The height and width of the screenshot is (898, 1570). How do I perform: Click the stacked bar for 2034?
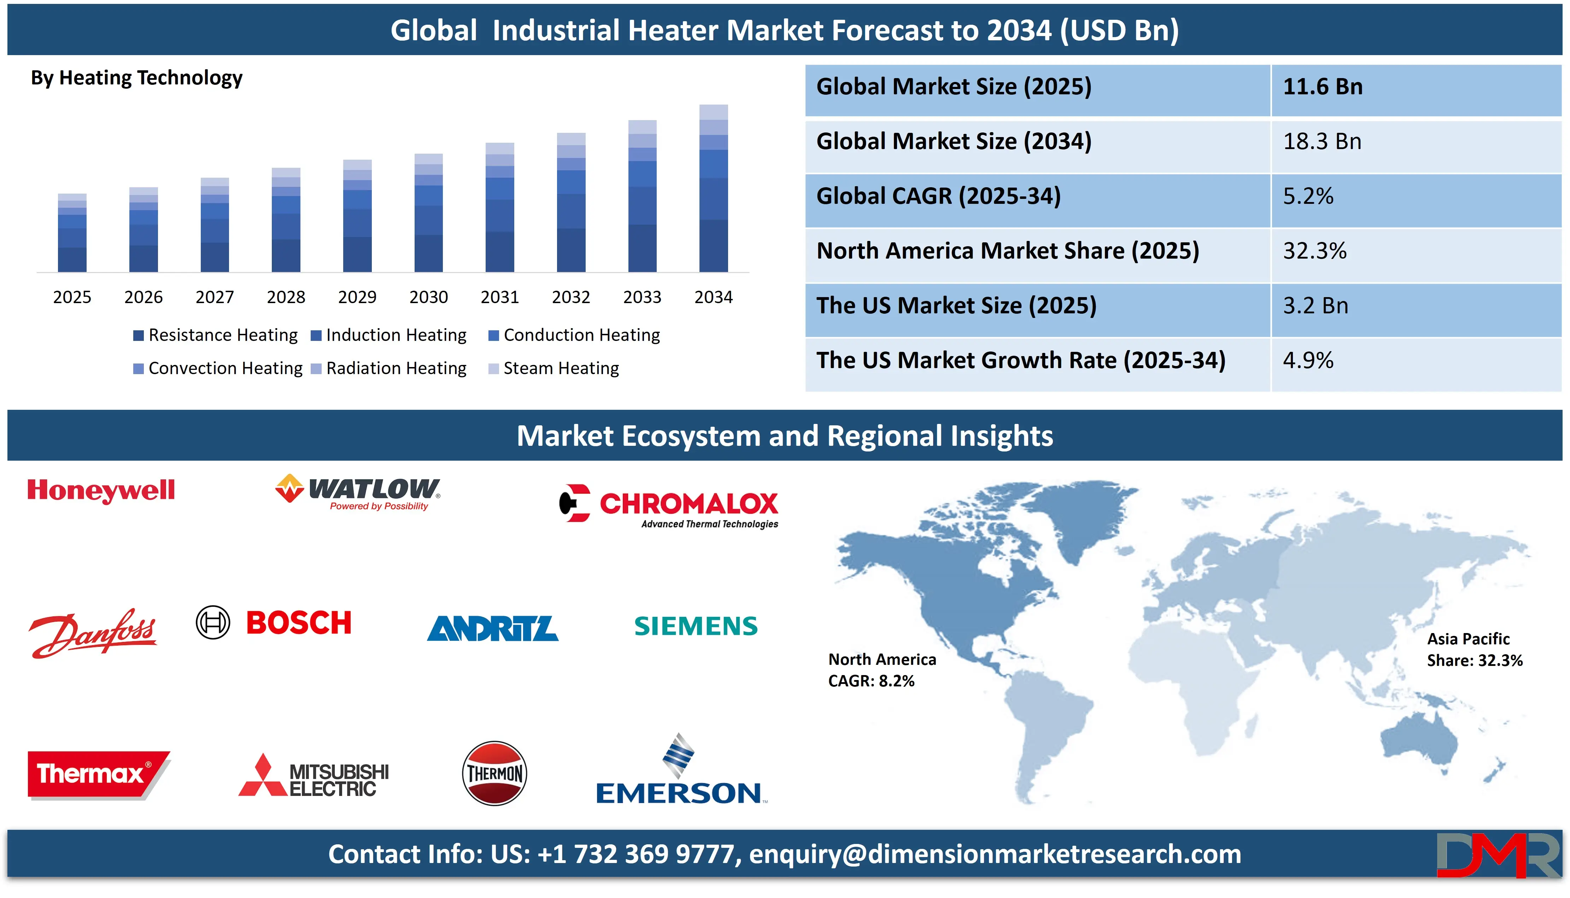click(x=713, y=188)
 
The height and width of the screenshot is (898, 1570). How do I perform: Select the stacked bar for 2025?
click(x=72, y=233)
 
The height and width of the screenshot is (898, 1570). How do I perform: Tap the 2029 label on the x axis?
click(x=357, y=297)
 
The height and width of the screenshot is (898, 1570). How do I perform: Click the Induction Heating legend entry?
click(x=389, y=335)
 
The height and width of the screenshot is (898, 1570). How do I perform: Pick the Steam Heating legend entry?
click(x=554, y=368)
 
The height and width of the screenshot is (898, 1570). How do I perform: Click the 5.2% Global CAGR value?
click(x=1308, y=196)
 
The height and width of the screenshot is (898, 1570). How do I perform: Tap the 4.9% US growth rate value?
click(x=1308, y=360)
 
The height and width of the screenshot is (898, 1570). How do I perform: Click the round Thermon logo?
click(x=494, y=773)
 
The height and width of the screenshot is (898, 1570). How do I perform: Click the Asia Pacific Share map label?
click(x=1474, y=649)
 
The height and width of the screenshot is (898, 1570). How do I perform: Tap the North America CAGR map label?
click(x=881, y=670)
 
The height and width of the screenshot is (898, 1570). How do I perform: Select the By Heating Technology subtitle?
click(x=136, y=78)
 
